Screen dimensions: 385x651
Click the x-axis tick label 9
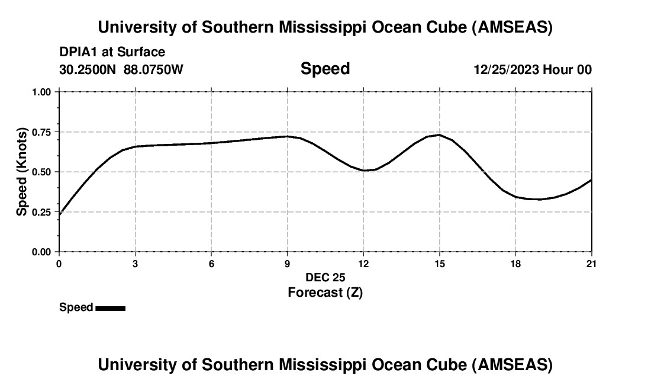pos(288,264)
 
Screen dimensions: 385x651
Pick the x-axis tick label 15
pos(439,264)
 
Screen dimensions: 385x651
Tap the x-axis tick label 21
pos(591,264)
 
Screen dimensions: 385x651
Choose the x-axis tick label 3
pos(136,264)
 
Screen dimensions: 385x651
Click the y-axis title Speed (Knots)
pos(22,172)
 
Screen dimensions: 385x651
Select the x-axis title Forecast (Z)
pos(325,292)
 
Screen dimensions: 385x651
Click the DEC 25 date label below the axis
pos(325,277)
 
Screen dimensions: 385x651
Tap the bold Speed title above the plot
pos(325,69)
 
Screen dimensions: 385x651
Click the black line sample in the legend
pos(110,308)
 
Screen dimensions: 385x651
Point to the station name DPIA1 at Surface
pos(112,52)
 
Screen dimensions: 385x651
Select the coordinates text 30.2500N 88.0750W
pos(121,70)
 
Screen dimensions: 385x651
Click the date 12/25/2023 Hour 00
pos(533,70)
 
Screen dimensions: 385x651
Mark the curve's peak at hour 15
pos(439,135)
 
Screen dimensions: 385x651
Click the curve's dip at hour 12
pos(365,171)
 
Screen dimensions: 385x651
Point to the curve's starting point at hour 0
pos(60,214)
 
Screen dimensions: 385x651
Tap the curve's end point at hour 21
pos(591,180)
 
